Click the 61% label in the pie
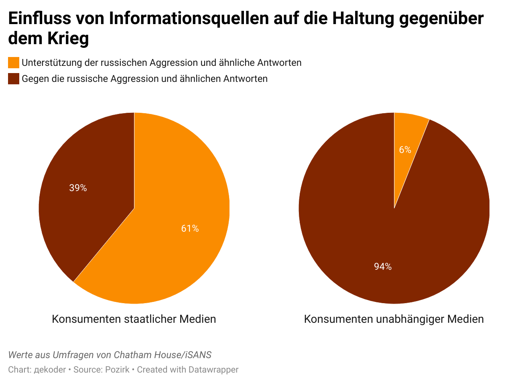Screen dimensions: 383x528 pyautogui.click(x=190, y=228)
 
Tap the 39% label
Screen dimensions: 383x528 pyautogui.click(x=78, y=188)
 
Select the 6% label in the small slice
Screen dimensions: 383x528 pyautogui.click(x=405, y=150)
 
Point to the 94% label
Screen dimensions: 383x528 pyautogui.click(x=383, y=266)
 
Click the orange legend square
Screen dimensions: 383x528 pyautogui.click(x=14, y=63)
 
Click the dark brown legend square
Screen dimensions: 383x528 pyautogui.click(x=14, y=79)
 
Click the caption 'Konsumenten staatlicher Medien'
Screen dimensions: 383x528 pyautogui.click(x=134, y=319)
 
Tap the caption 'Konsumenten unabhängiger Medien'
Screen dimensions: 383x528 pyautogui.click(x=394, y=319)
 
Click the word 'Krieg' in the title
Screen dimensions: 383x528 pyautogui.click(x=68, y=39)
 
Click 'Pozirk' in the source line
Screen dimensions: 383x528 pyautogui.click(x=117, y=369)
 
